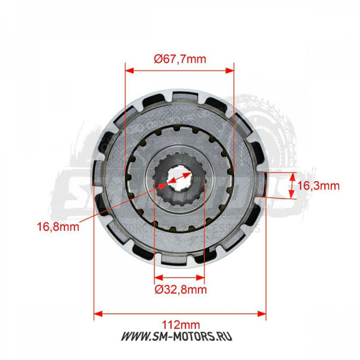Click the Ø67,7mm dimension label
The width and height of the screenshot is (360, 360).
(x=179, y=60)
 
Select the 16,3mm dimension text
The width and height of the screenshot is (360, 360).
(x=318, y=186)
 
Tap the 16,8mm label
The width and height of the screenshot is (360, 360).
(x=63, y=227)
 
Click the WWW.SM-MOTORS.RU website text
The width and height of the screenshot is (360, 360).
(x=180, y=337)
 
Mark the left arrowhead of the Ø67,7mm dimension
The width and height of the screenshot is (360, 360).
(x=128, y=71)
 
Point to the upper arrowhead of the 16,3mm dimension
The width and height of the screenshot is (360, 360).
(x=291, y=174)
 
